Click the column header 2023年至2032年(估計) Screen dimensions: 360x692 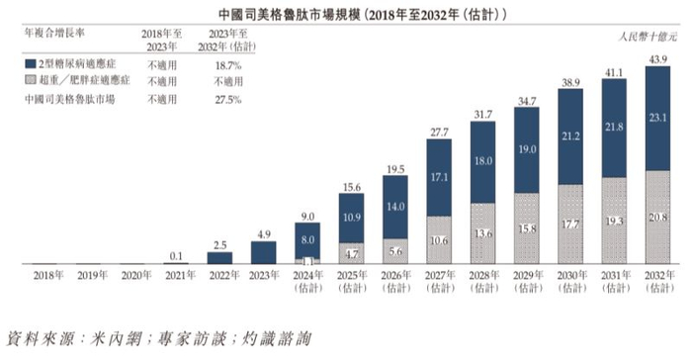pos(230,39)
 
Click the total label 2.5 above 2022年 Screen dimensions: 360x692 pos(220,244)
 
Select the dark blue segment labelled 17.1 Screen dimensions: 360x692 pos(439,176)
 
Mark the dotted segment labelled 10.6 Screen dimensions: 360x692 pos(439,238)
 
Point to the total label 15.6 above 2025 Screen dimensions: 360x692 pos(352,187)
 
